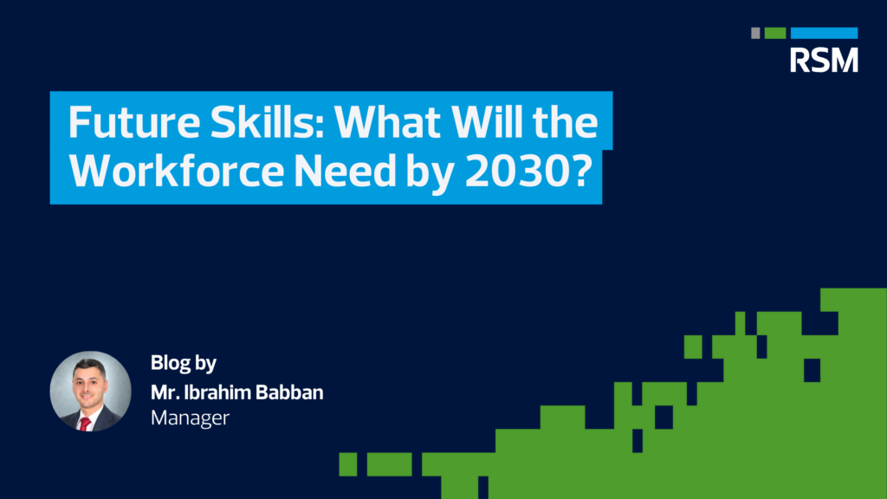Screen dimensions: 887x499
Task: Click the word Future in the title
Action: [x=134, y=122]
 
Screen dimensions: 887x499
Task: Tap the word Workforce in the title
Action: [x=177, y=171]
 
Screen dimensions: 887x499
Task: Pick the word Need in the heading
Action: [x=345, y=171]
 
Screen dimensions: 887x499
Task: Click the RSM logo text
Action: [x=824, y=60]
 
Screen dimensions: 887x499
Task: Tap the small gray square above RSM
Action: [x=755, y=33]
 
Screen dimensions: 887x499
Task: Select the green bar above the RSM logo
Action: [x=775, y=33]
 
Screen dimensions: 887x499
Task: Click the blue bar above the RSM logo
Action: [x=824, y=33]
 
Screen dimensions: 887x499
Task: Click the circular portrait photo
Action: [x=90, y=392]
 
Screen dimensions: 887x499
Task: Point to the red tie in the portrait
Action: [x=85, y=424]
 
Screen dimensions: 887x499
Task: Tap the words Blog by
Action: [x=184, y=363]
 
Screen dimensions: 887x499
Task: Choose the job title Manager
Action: [x=190, y=418]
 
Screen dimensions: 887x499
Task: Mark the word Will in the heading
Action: [x=486, y=121]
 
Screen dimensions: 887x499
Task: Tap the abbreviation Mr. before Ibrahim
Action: [x=165, y=392]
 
